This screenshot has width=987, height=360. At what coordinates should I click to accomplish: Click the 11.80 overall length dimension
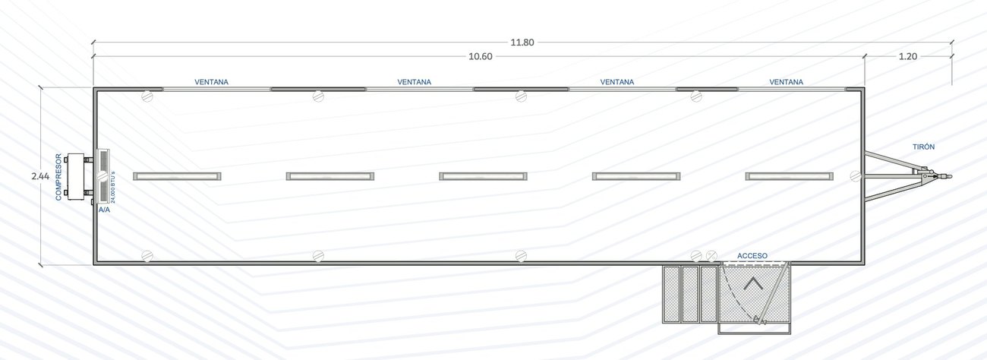coord(522,43)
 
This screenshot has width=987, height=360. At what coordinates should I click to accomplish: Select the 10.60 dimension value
coord(481,56)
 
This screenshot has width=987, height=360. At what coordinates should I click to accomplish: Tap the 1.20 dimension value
coord(908,56)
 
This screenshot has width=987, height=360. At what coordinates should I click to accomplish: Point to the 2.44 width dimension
coord(40,176)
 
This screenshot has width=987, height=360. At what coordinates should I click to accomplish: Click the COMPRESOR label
coord(58,177)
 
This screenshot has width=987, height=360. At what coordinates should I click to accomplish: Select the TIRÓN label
coord(923,147)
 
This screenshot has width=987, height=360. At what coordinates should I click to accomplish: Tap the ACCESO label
coord(752,255)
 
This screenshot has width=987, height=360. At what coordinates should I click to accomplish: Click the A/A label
coord(105,210)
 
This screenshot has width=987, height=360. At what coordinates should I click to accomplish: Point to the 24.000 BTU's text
coord(113,187)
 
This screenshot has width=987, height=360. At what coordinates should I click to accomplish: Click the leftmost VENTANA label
coord(212,82)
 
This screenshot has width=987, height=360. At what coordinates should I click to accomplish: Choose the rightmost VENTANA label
coord(786,82)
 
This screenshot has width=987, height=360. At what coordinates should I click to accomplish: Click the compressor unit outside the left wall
coord(78,177)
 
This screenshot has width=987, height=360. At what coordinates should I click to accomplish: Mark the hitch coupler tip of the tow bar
coord(950,177)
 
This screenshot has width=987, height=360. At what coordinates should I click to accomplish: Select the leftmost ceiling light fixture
coord(177,176)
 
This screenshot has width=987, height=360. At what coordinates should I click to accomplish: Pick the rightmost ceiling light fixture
coord(789,176)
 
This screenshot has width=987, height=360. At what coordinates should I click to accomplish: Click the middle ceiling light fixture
coord(483,176)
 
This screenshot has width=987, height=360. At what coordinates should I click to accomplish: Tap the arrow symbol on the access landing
coord(753,284)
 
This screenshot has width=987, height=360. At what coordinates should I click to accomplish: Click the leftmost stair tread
coord(671,295)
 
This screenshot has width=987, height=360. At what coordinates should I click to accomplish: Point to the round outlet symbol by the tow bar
coord(855,175)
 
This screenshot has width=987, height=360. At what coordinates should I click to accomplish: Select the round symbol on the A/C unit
coord(102,176)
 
